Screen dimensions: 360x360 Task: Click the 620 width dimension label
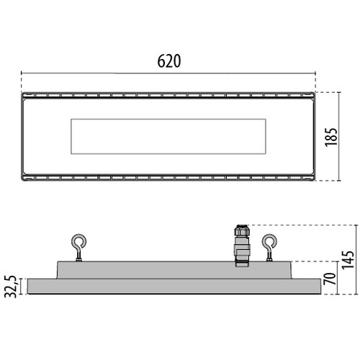(169, 61)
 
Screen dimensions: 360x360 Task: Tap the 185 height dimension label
(331, 137)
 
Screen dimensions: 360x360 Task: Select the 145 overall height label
(348, 260)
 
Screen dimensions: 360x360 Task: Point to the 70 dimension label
(330, 279)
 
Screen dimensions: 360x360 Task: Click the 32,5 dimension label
(11, 287)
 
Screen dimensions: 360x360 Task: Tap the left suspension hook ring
(78, 241)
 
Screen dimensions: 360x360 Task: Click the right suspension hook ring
(269, 241)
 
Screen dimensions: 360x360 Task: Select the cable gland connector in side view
(242, 246)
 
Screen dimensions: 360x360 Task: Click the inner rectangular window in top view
(168, 136)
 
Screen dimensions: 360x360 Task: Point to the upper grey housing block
(174, 270)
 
